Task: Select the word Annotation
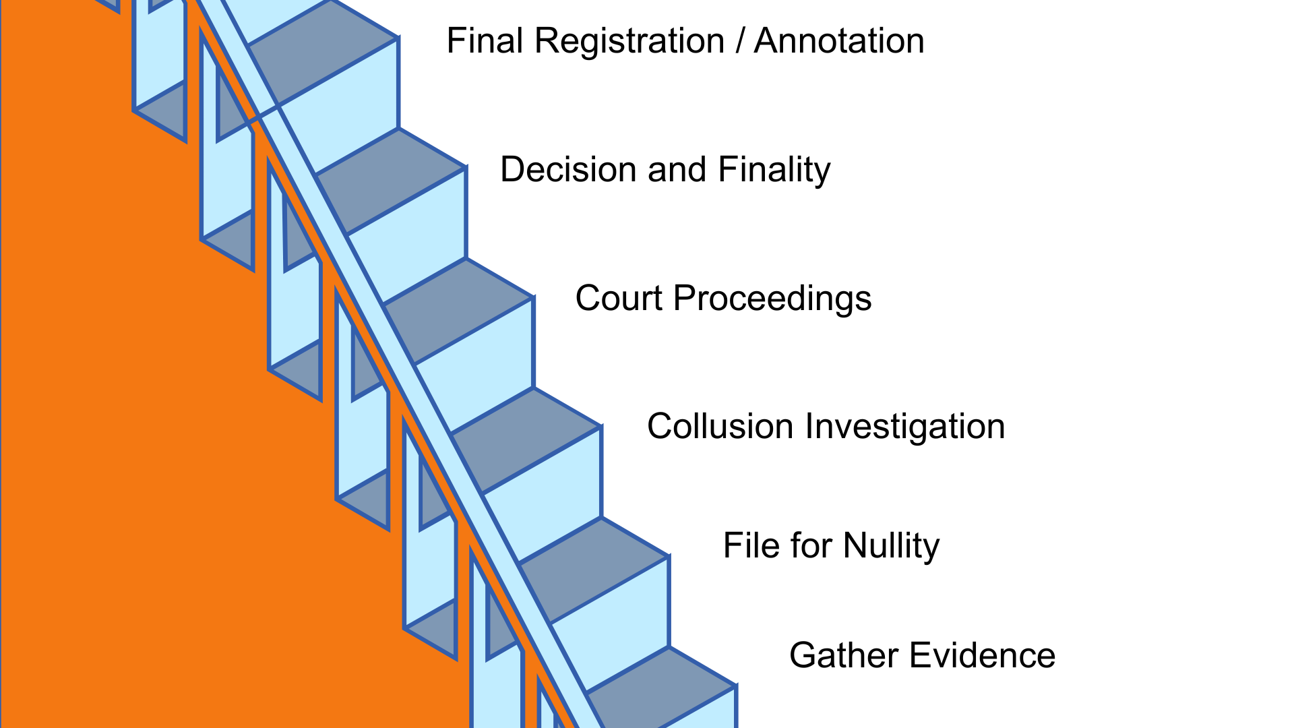[839, 41]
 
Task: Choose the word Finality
[774, 169]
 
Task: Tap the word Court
[619, 298]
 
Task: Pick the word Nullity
[891, 545]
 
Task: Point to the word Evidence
[984, 655]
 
